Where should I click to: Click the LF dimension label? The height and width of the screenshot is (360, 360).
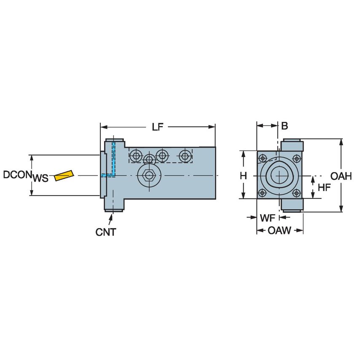[x=158, y=126]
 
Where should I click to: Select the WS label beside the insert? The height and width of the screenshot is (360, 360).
[x=40, y=178]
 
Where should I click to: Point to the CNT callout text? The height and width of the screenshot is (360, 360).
[x=105, y=232]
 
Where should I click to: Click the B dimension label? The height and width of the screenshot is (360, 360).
[x=285, y=126]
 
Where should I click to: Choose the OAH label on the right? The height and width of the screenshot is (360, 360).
[x=341, y=176]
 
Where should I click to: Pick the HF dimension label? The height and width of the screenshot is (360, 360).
[x=324, y=188]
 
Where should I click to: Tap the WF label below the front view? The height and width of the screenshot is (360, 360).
[x=268, y=218]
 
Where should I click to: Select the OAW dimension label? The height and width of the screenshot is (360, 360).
[x=280, y=231]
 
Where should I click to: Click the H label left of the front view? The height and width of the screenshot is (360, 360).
[x=243, y=176]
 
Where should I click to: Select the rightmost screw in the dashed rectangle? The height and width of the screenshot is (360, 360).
[x=184, y=156]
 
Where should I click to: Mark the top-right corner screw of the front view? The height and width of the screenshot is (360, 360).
[x=296, y=158]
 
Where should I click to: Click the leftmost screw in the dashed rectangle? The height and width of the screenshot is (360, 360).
[x=135, y=156]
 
